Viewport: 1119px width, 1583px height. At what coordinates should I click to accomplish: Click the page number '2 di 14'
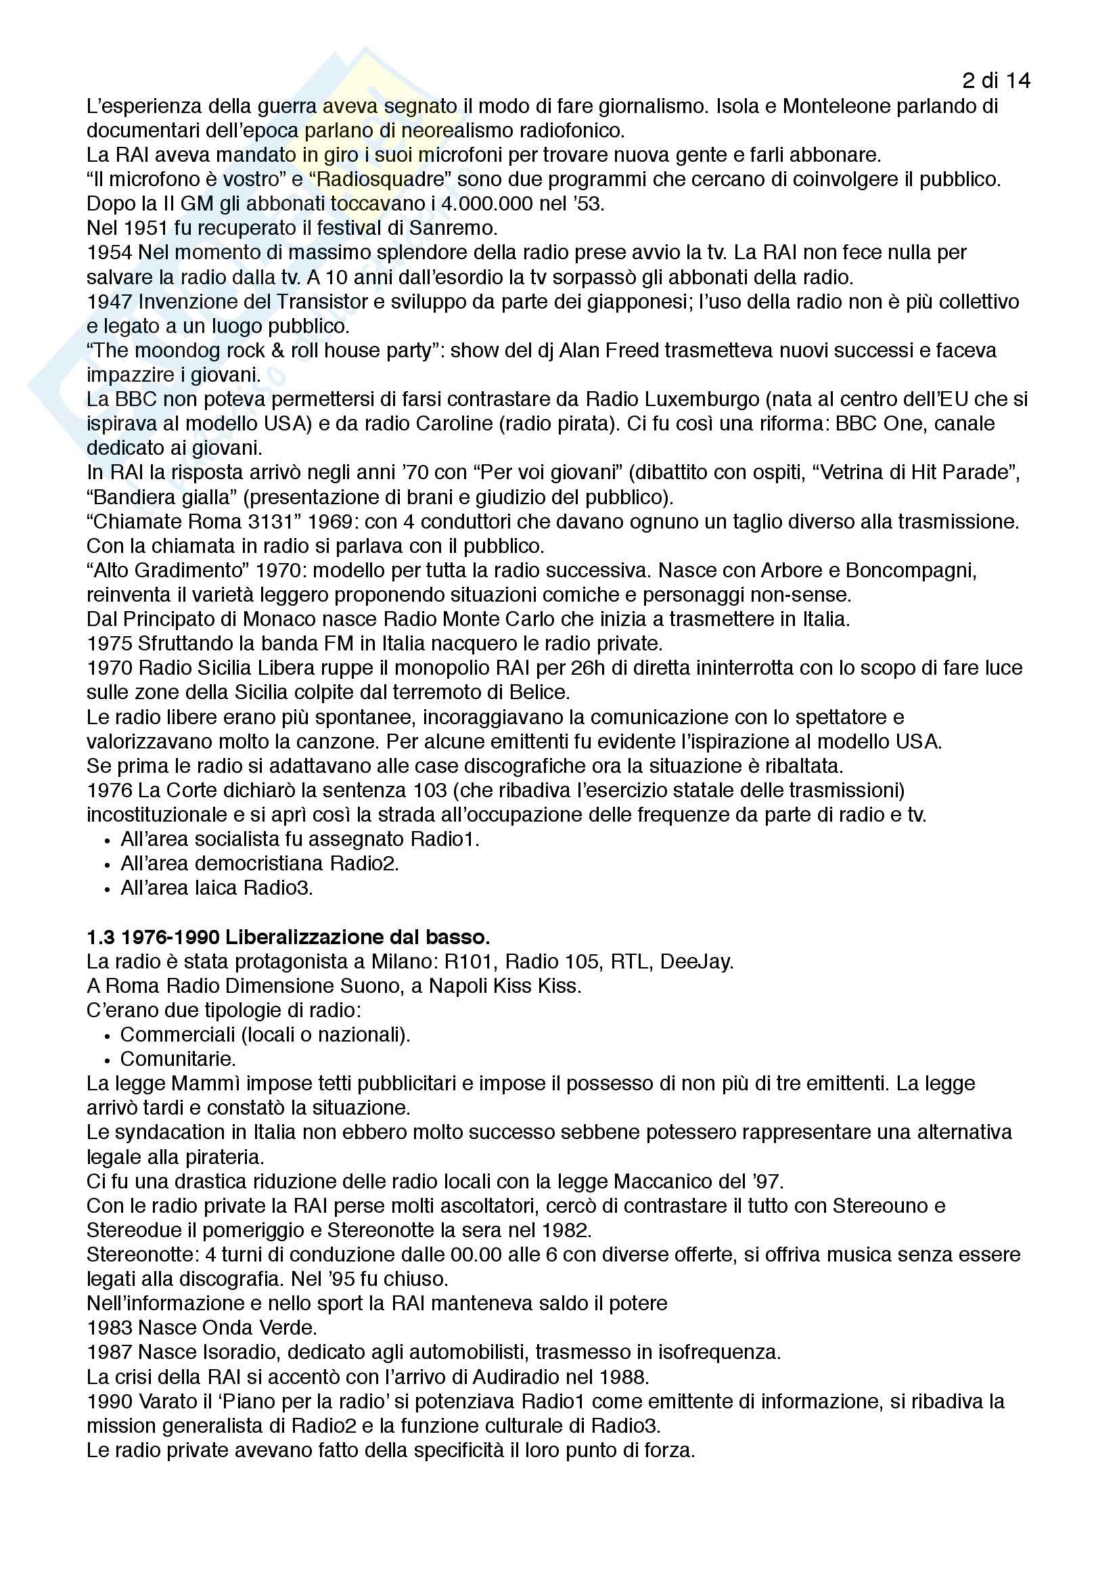[996, 81]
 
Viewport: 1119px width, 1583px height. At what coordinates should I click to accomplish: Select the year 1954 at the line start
[109, 253]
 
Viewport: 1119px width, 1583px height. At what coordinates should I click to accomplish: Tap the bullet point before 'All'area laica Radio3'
[107, 889]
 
